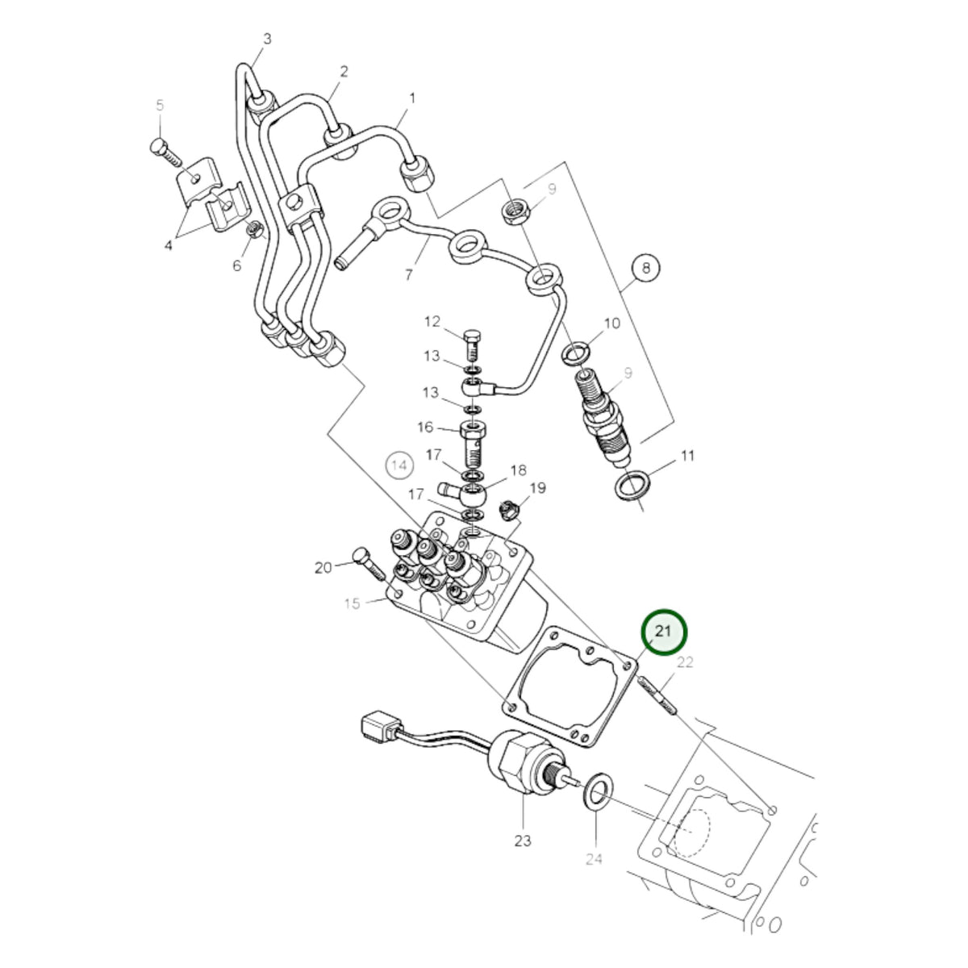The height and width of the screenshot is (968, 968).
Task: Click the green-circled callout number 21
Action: point(663,632)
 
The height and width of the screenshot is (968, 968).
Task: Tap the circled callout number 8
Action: point(646,269)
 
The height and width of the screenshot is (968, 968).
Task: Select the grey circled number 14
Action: point(399,465)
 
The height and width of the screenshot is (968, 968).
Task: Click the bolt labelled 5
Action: point(165,152)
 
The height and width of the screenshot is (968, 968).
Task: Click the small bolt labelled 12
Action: point(472,347)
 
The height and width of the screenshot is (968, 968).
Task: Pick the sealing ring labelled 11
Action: point(632,485)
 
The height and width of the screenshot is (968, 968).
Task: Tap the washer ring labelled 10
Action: point(576,353)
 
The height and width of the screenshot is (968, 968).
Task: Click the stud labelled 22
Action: point(658,695)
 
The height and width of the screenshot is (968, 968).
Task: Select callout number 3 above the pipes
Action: point(267,39)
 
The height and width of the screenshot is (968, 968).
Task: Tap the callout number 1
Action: point(412,98)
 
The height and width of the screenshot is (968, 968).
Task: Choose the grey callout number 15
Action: point(353,603)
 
